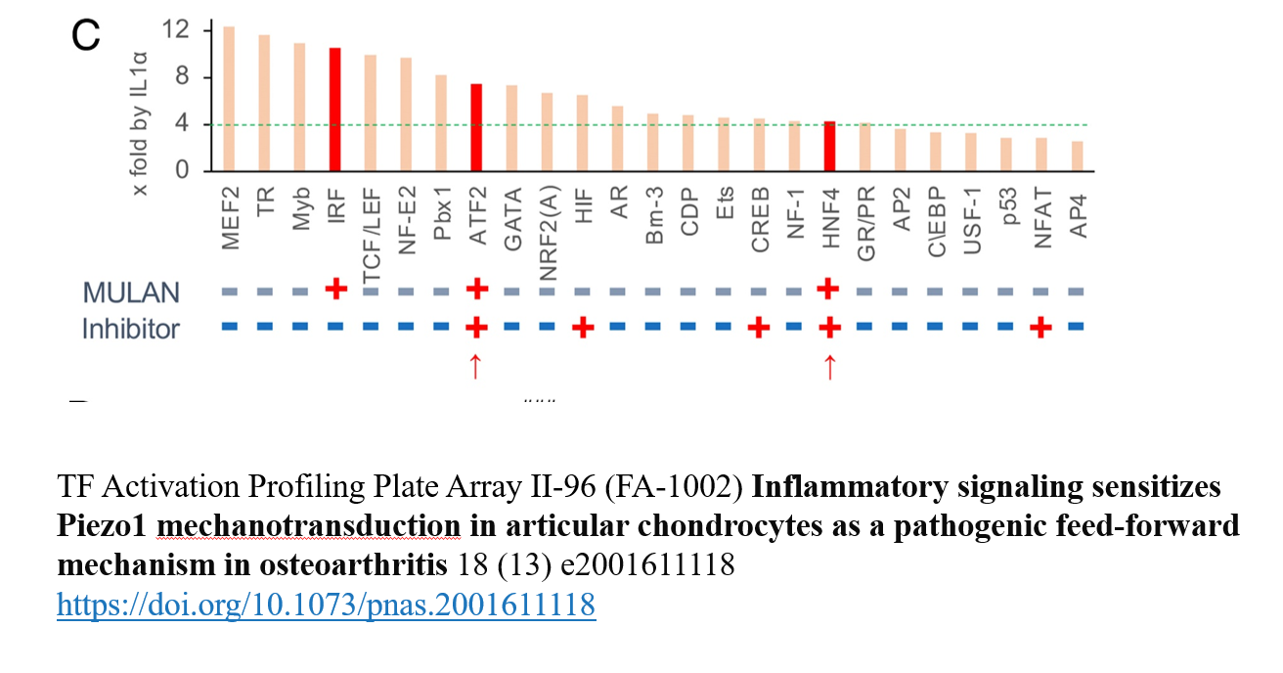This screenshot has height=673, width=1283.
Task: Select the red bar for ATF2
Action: pos(476,127)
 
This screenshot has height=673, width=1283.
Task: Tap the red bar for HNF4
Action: pos(829,146)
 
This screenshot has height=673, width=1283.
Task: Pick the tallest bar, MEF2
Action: pos(229,98)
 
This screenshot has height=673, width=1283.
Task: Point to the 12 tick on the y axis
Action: pos(176,30)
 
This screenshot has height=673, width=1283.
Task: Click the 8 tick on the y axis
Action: pos(181,77)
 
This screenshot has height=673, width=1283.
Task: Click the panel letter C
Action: pos(86,36)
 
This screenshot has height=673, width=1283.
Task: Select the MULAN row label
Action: pos(132,292)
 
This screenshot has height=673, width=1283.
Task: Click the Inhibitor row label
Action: pos(131,329)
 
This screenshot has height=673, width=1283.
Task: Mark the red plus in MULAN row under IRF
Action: pos(335,290)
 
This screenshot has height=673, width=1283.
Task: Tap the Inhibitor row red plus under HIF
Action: pos(583,327)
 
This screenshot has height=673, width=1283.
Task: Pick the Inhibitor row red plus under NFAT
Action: pos(1041,327)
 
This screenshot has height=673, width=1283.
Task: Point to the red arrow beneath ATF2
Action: pos(475,366)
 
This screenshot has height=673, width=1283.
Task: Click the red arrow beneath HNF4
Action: pos(829,366)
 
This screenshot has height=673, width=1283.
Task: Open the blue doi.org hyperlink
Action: pos(326,606)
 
